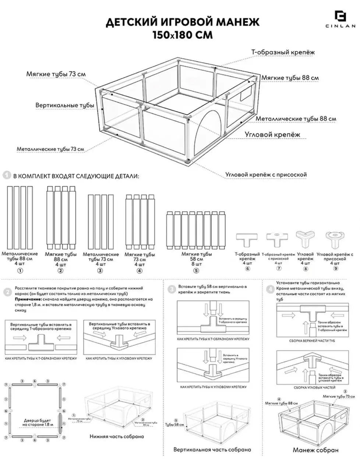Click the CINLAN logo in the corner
pyautogui.click(x=340, y=18)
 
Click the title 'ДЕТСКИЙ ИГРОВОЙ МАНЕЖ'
pyautogui.click(x=182, y=22)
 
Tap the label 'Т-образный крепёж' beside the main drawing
pyautogui.click(x=283, y=52)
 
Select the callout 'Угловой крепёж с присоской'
pyautogui.click(x=266, y=174)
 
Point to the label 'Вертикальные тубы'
pyautogui.click(x=65, y=105)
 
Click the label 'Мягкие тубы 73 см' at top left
pyautogui.click(x=56, y=74)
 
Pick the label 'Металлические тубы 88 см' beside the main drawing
pyautogui.click(x=296, y=118)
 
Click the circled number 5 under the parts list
pyautogui.click(x=196, y=270)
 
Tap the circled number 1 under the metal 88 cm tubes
pyautogui.click(x=20, y=270)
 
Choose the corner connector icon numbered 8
pyautogui.click(x=305, y=239)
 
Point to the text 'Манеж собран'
pyautogui.click(x=316, y=450)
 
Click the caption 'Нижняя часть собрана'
pyautogui.click(x=117, y=436)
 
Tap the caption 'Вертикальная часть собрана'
pyautogui.click(x=212, y=449)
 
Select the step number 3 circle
pyautogui.click(x=172, y=290)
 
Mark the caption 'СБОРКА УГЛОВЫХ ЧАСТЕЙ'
pyautogui.click(x=314, y=387)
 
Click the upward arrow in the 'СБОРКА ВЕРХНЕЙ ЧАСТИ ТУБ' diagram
pyautogui.click(x=305, y=326)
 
